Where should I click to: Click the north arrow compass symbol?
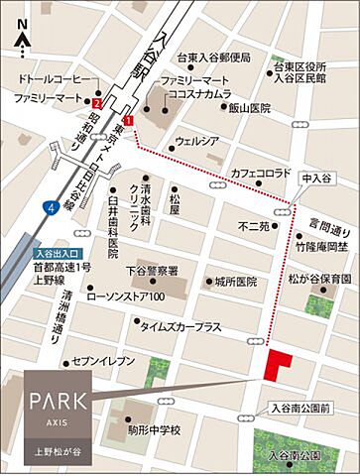(x=23, y=41)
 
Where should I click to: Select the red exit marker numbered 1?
(x=128, y=119)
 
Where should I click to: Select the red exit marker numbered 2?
(x=97, y=100)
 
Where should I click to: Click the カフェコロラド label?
(x=262, y=173)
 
